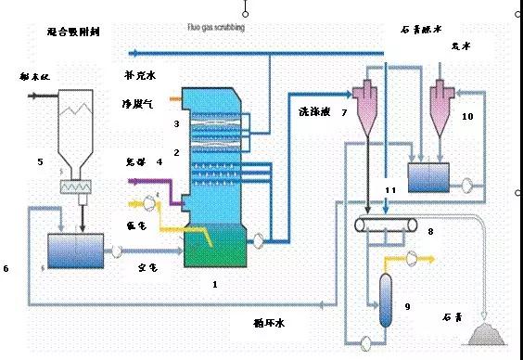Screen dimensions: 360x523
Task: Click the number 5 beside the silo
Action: pos(40,162)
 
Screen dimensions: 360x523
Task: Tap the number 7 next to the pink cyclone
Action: pos(344,112)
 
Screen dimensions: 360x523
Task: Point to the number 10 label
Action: pos(467,116)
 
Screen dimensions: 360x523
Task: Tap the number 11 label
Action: pos(390,190)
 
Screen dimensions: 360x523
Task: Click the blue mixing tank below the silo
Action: pos(77,250)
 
